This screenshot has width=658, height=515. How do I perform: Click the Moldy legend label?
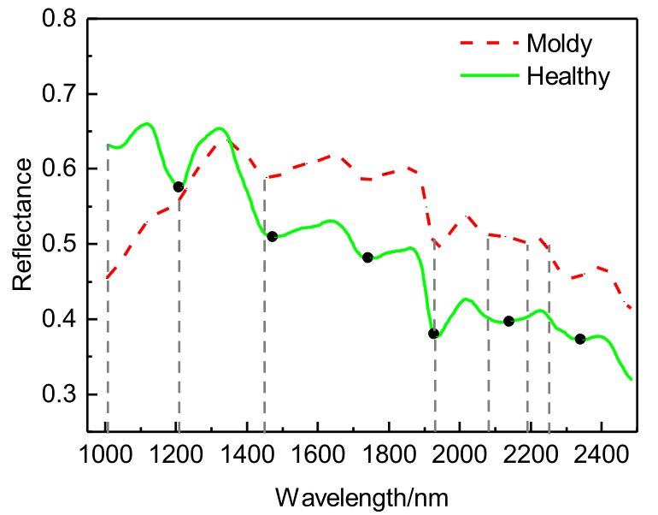point(560,41)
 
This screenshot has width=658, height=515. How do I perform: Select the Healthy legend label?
point(568,76)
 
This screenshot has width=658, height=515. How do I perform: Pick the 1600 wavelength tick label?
point(318,451)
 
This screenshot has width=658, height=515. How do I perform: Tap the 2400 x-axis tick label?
point(601,451)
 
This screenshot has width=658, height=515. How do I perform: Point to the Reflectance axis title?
point(23,225)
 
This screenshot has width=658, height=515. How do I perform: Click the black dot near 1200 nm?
point(179,186)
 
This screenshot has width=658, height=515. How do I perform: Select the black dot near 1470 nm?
point(272,236)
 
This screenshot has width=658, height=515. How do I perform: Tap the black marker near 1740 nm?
point(367,257)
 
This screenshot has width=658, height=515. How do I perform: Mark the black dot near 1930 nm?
point(433,334)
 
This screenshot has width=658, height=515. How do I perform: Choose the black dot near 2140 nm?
point(508,321)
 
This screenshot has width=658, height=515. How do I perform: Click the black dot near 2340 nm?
point(580,339)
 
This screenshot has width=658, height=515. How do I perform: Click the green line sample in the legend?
point(491,76)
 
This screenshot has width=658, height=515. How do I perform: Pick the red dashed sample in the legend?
point(491,41)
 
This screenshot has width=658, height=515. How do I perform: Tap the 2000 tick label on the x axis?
point(460,451)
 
